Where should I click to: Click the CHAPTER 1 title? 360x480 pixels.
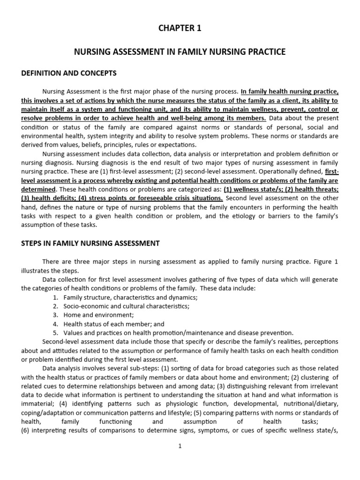(x=180, y=29)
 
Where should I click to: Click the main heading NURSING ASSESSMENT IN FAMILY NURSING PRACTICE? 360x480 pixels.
(x=180, y=52)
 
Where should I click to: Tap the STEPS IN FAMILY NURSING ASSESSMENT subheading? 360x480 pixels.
(x=90, y=243)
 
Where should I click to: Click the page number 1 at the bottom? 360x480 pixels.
(x=180, y=446)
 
